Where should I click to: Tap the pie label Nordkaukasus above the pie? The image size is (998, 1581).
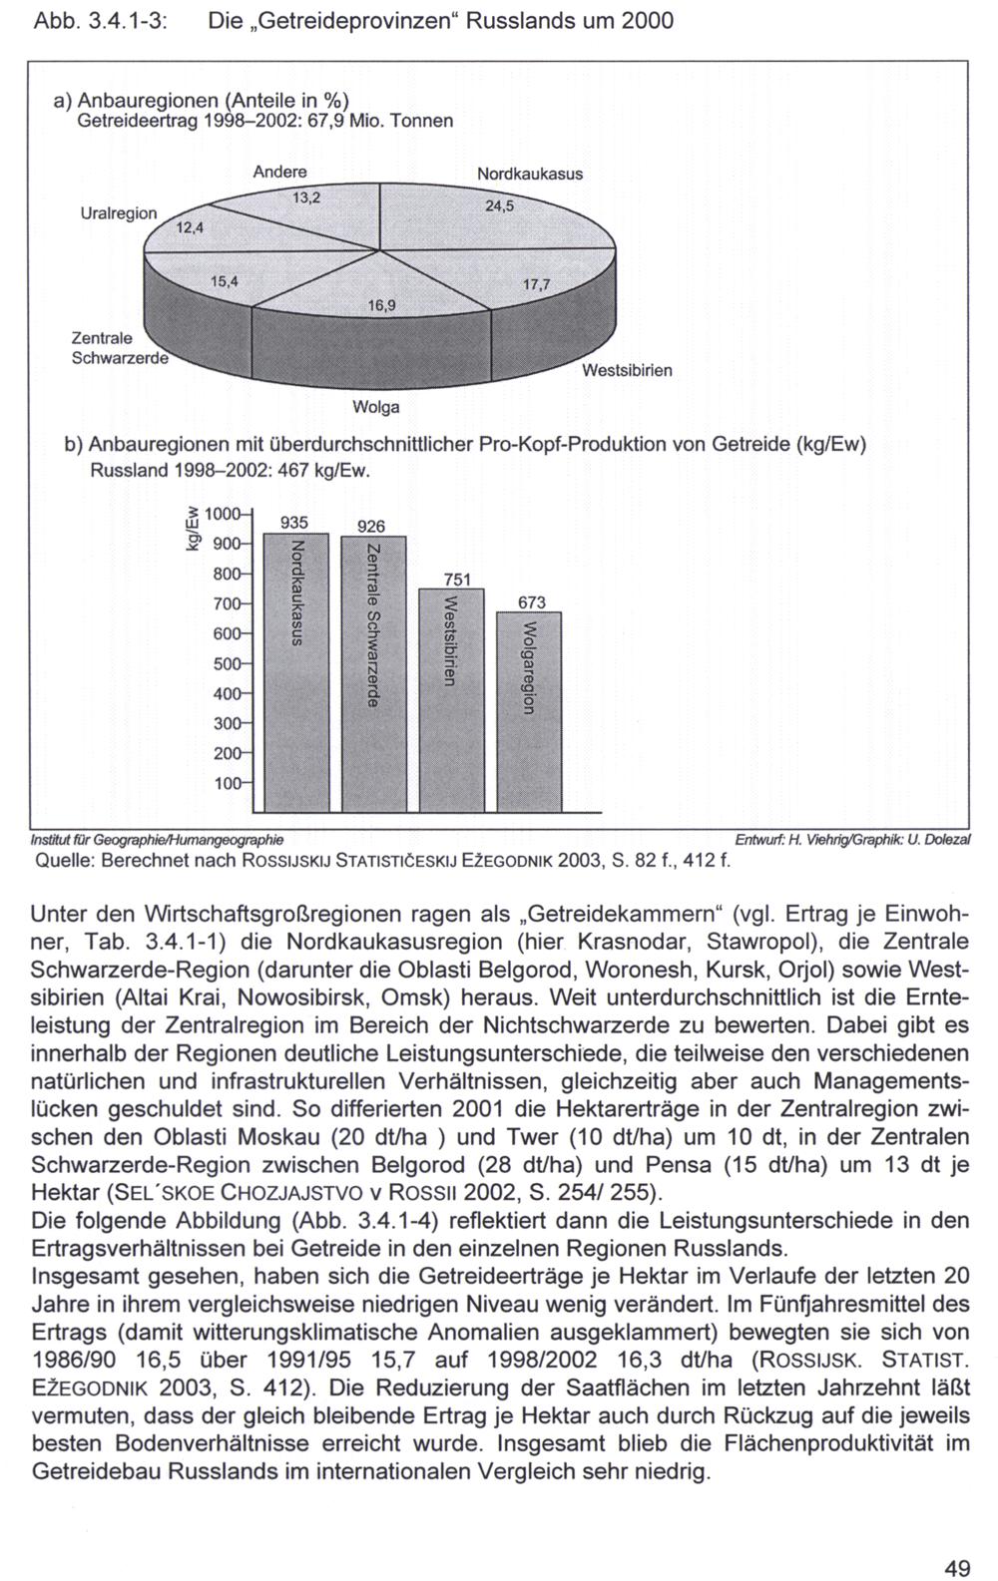(x=529, y=174)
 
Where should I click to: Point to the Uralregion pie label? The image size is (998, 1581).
(x=119, y=213)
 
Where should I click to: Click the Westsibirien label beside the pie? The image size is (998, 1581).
(x=627, y=370)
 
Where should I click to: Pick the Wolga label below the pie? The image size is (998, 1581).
(x=376, y=407)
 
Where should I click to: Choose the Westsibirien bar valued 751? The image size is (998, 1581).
(x=451, y=699)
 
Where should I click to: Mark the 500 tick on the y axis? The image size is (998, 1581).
(x=230, y=664)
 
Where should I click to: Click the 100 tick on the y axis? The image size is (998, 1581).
(x=230, y=784)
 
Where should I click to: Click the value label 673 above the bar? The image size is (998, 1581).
(x=532, y=602)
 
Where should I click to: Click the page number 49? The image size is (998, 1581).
(x=958, y=1568)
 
